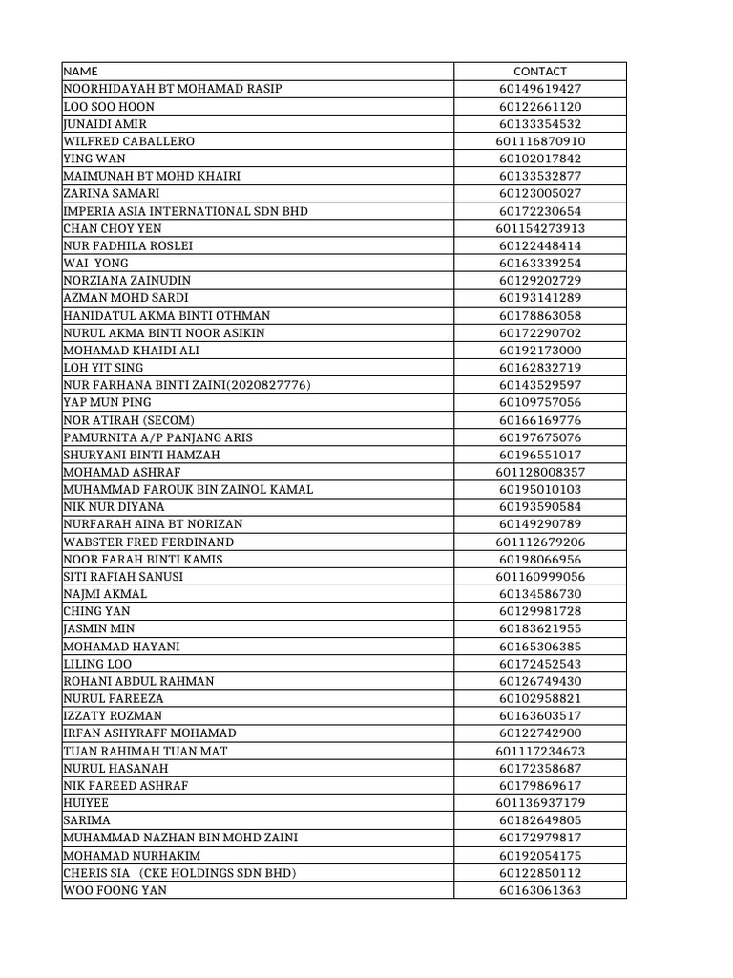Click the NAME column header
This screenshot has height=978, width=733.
click(80, 72)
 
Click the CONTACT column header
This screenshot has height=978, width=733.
click(539, 72)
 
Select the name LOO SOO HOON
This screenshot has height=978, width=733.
click(108, 107)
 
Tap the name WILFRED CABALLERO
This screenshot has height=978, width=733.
click(129, 141)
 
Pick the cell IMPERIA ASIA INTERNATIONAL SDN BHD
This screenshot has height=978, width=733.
click(185, 211)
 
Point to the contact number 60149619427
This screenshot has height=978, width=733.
click(539, 89)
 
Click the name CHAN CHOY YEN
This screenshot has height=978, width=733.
click(113, 228)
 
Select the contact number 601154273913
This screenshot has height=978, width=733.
click(539, 228)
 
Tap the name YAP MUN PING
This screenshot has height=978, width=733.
click(107, 403)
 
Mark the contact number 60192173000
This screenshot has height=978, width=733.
click(539, 351)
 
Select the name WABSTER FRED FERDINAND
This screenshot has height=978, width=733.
click(148, 542)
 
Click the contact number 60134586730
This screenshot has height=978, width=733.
click(539, 594)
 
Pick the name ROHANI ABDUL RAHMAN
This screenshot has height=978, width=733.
click(138, 681)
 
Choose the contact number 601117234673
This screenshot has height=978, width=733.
click(539, 751)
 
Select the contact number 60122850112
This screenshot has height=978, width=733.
click(539, 873)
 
